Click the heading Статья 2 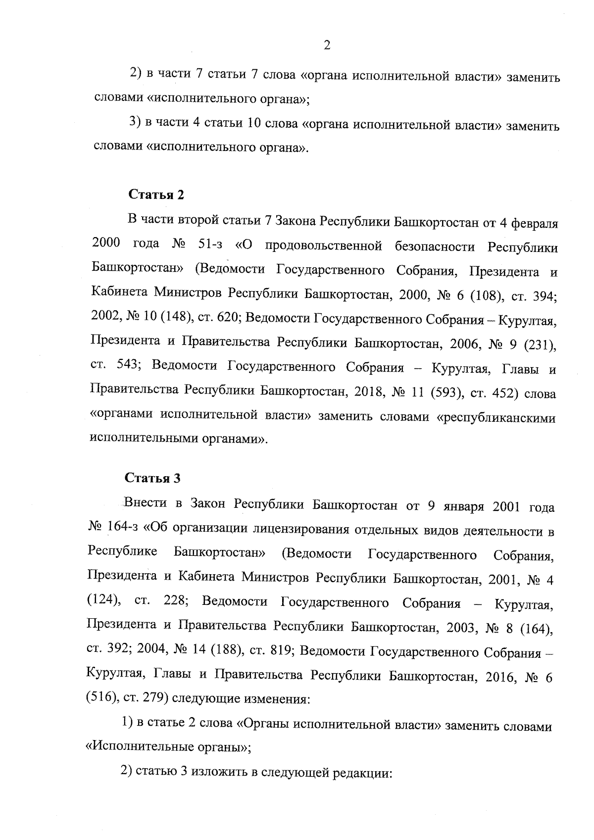(x=156, y=195)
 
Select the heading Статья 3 (x=152, y=478)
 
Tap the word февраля (x=535, y=223)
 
